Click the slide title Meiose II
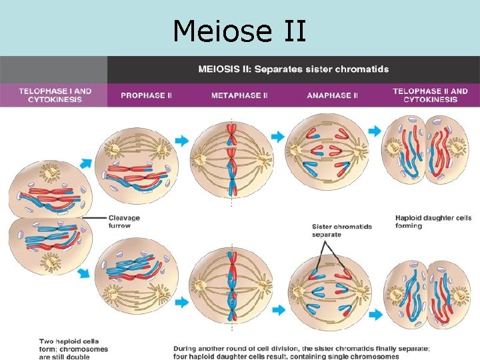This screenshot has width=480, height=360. [239, 31]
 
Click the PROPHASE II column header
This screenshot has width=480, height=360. [146, 95]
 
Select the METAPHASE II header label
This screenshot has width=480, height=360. [239, 95]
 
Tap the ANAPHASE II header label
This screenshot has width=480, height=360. [332, 95]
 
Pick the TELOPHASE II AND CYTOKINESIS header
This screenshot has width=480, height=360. [430, 95]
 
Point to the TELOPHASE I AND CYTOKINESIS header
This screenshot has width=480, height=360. [55, 95]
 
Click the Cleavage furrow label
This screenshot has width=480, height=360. [124, 221]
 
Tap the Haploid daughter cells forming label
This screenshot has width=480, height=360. [433, 221]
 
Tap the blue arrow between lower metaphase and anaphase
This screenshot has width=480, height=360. [278, 309]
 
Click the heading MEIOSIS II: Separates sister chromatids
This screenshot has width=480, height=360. [293, 69]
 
